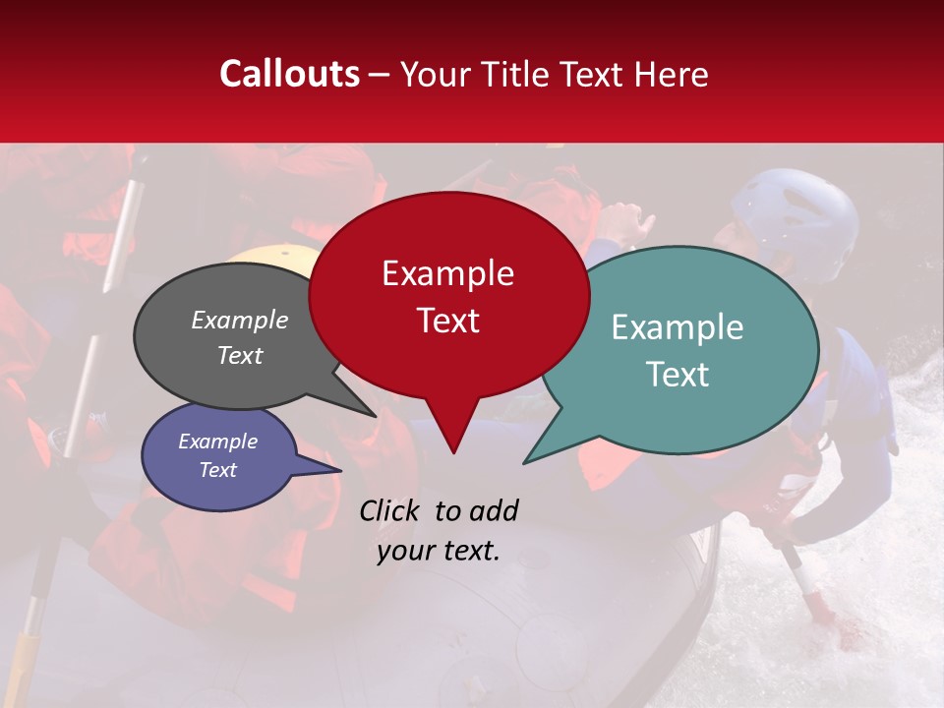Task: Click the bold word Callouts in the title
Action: pos(289,74)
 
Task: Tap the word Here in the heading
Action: pos(673,74)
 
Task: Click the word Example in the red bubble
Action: pos(447,273)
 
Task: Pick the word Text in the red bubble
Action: pos(447,321)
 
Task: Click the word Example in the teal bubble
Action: pos(678,327)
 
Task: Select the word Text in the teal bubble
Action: pos(678,375)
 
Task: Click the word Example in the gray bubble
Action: pos(240,320)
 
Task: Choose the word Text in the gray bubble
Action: pos(240,355)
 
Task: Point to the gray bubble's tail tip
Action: pos(375,415)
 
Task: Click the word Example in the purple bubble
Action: pos(217,442)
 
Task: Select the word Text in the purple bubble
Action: pos(217,470)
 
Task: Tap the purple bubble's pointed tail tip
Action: pos(340,470)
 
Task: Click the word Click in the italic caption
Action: pos(389,510)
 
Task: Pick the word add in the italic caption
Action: pos(495,510)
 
